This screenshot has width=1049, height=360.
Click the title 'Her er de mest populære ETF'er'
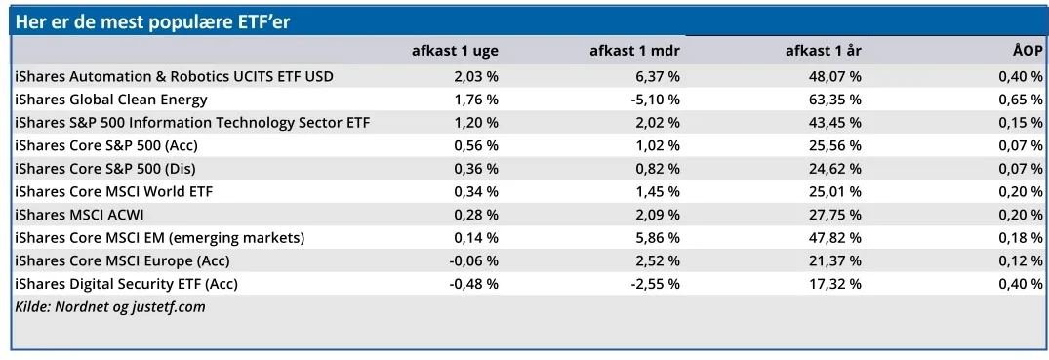coord(152,22)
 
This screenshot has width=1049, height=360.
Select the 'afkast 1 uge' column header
coord(455,52)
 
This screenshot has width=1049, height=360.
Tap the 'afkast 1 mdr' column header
coord(635,52)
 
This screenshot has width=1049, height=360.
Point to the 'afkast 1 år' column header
coord(824,52)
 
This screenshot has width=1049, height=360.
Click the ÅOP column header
coord(1027,52)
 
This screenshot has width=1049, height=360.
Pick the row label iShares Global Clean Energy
coord(111,100)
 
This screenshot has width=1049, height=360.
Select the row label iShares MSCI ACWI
coord(79,215)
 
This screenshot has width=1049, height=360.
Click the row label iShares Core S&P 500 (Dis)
coord(105,169)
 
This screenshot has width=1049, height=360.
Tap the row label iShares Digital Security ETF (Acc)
coord(127,284)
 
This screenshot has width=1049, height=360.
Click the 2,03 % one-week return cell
coord(476,77)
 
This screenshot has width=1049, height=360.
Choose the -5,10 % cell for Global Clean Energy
coord(655,100)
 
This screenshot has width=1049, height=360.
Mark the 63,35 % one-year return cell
coord(835,100)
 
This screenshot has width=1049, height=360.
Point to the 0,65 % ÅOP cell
coord(1021,100)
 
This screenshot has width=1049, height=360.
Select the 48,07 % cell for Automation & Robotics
coord(835,77)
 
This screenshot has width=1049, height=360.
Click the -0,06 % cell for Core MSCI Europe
coord(473,260)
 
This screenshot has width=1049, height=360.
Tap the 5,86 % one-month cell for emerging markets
coord(658,237)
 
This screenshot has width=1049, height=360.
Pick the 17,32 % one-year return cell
coord(835,284)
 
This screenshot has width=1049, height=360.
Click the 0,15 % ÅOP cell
coord(1021,123)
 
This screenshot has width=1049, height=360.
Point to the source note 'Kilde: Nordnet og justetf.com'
coord(109,308)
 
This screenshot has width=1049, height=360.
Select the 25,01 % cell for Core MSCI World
coord(835,192)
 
